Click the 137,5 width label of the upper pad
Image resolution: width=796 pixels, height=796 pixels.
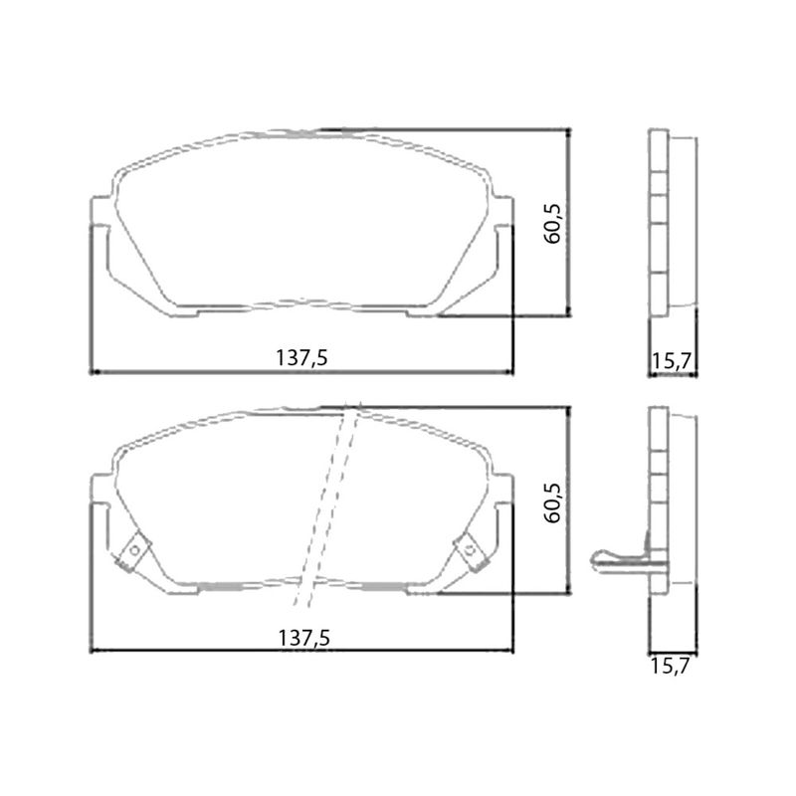(x=301, y=358)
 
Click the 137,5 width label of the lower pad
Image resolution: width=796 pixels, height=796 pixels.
(x=304, y=638)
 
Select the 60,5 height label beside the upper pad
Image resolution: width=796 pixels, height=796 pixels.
(x=552, y=223)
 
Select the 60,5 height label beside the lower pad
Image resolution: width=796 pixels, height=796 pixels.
(x=552, y=502)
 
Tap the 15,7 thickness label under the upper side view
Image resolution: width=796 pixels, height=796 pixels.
(x=671, y=361)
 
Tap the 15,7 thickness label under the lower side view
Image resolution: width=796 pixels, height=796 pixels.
(x=670, y=666)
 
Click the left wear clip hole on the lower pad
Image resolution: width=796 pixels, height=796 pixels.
(x=134, y=550)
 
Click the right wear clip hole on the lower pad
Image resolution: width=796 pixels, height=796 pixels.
(x=470, y=550)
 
